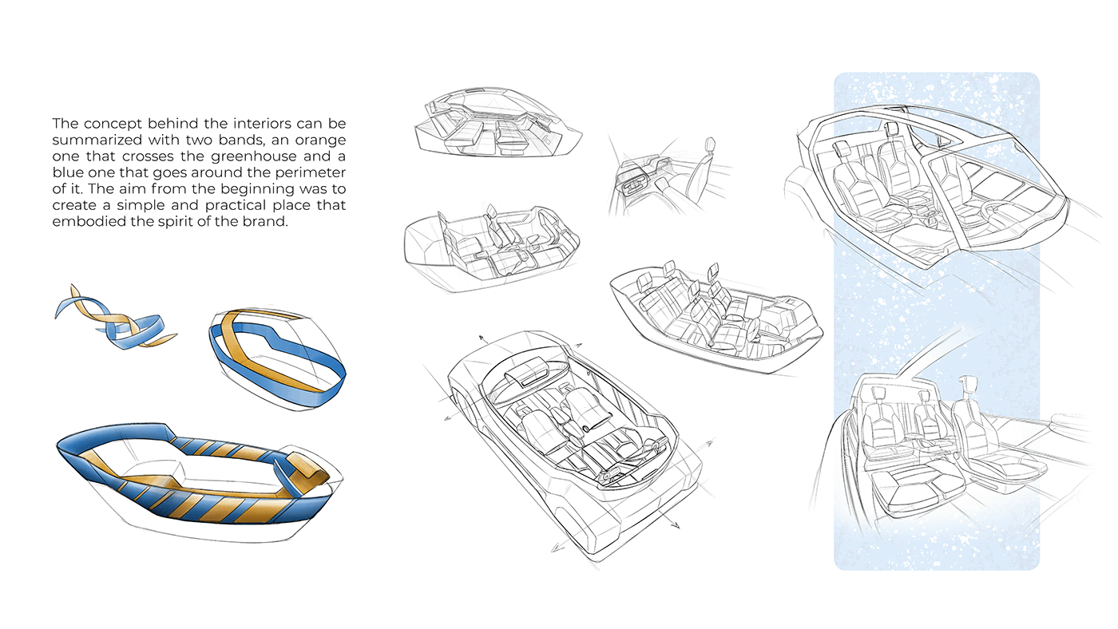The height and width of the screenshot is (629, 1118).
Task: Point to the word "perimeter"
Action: [308, 173]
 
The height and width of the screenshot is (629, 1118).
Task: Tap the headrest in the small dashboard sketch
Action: [709, 144]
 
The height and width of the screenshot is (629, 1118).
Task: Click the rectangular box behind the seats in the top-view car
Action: [528, 370]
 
